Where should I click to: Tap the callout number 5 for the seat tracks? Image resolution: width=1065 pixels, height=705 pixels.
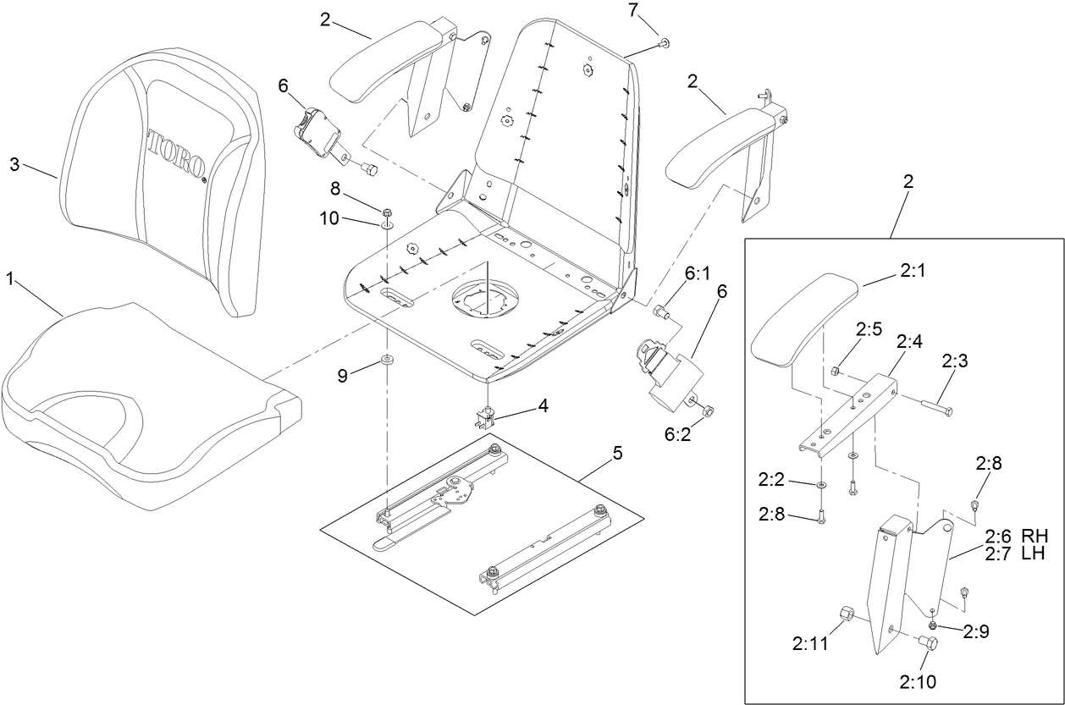618,454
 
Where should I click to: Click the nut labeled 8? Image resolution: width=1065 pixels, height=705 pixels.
387,212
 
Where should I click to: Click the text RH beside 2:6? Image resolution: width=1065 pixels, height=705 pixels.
1034,536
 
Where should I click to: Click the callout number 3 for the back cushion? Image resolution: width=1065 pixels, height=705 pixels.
14,164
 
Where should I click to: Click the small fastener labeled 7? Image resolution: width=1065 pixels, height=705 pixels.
663,41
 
